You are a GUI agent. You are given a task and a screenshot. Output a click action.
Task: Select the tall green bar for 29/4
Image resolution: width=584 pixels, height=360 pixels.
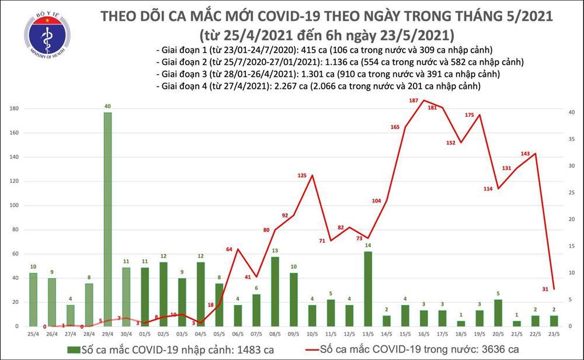point(108,219)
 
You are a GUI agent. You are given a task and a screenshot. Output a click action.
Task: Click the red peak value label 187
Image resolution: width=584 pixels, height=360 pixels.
point(414,101)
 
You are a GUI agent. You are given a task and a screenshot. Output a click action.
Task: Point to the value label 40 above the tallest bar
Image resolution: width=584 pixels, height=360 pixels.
point(108,106)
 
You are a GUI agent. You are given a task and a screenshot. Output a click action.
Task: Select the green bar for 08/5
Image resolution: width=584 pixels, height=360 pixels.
point(274,291)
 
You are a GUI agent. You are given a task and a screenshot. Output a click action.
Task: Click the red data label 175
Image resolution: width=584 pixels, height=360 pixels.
point(469,115)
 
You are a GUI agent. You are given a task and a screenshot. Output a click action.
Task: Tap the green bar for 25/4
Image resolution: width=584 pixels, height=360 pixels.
point(33,299)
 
